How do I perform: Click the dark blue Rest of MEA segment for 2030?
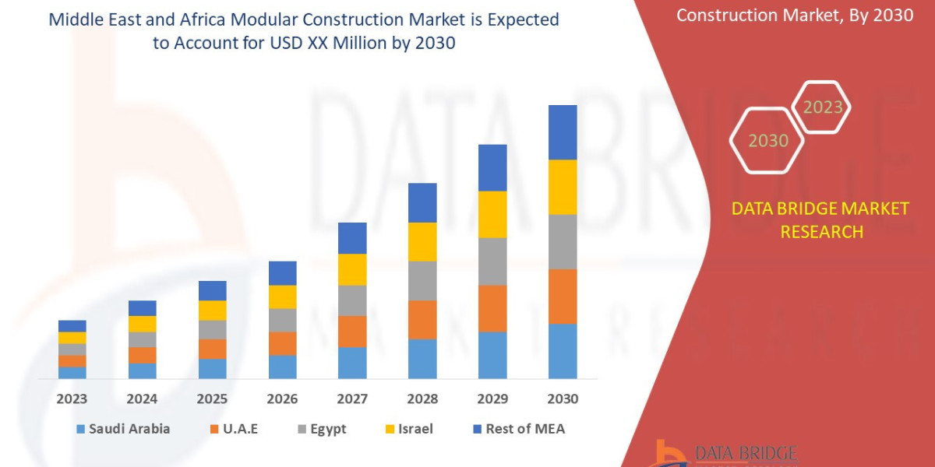(x=563, y=132)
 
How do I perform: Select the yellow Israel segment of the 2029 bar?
(x=492, y=214)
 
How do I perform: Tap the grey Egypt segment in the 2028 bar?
(x=422, y=280)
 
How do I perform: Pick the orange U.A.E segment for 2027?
(x=352, y=331)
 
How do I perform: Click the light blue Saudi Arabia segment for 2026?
(x=282, y=367)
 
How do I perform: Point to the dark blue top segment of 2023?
(x=72, y=325)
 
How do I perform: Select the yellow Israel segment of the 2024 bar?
(x=142, y=324)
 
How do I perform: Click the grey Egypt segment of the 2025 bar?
(x=212, y=329)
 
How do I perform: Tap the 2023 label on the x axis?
(x=72, y=399)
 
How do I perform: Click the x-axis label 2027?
(x=352, y=399)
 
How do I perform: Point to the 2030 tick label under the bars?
(x=563, y=399)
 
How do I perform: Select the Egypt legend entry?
(x=321, y=429)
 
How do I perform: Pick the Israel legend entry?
(x=407, y=429)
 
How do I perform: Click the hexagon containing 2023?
(x=822, y=107)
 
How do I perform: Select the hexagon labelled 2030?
(x=767, y=141)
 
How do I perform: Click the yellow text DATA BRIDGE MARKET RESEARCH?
(x=820, y=219)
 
